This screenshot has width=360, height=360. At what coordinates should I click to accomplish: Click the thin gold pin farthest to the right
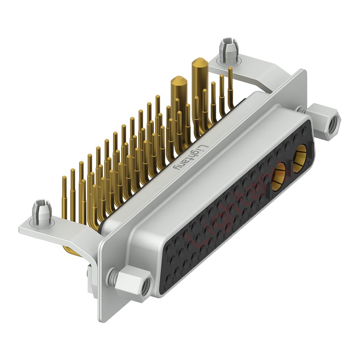[x=231, y=85]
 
